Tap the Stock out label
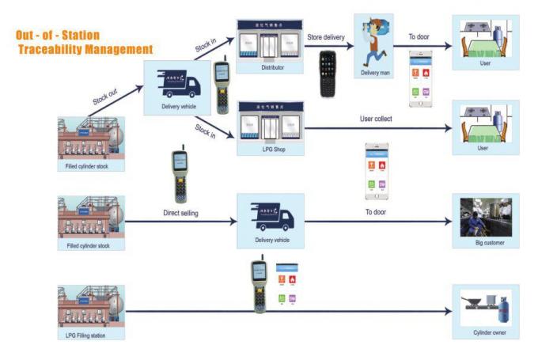tap(104, 97)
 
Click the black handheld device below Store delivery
tap(328, 74)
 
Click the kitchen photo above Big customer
tap(485, 218)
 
